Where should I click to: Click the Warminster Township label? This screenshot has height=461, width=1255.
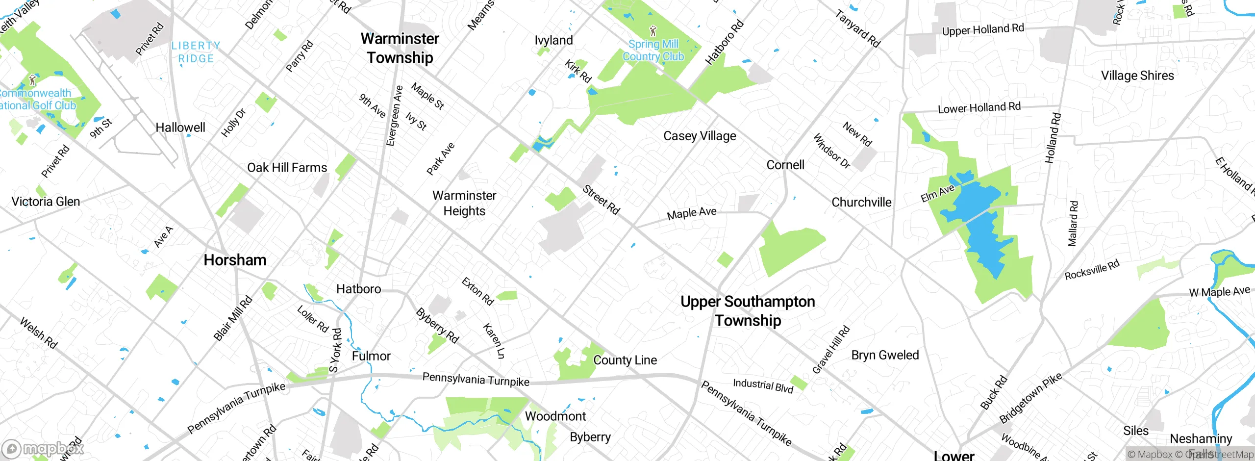click(400, 48)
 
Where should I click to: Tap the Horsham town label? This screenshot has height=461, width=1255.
click(235, 260)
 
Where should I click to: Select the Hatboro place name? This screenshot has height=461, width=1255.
click(358, 289)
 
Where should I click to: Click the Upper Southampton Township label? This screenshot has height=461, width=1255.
click(748, 310)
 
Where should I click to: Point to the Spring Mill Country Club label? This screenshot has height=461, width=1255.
click(653, 50)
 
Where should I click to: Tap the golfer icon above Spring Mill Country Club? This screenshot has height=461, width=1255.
click(653, 31)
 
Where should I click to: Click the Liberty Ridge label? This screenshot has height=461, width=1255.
click(196, 52)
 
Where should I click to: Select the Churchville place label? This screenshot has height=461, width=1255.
click(861, 202)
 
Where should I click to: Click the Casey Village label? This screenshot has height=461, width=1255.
click(700, 136)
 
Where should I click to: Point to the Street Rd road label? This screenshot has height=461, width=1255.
click(602, 200)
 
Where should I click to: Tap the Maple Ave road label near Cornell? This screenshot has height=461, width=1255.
click(691, 213)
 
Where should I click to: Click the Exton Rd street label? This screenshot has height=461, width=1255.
click(477, 291)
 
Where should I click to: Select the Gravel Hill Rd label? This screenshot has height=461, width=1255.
click(831, 350)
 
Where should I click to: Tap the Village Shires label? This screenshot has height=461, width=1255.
click(1137, 76)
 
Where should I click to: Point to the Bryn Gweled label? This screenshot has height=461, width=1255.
click(885, 355)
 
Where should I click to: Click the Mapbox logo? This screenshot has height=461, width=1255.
click(43, 449)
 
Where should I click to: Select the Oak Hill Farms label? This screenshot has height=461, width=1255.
click(287, 168)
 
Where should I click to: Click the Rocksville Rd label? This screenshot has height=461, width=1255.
click(1092, 270)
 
